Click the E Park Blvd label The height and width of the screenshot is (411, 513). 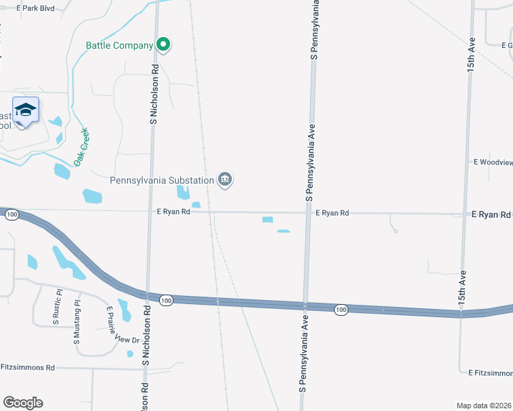38,8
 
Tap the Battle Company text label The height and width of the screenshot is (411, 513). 119,46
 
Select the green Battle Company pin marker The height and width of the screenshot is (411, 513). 163,45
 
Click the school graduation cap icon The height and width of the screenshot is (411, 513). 26,111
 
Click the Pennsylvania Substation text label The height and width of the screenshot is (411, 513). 162,180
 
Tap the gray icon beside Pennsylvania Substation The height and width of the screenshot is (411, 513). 225,180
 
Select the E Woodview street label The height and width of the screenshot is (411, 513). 492,162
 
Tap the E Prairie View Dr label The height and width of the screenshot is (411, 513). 122,325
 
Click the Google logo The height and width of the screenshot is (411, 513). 23,403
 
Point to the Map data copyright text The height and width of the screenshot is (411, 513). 484,406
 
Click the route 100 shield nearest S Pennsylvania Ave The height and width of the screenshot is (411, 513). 342,310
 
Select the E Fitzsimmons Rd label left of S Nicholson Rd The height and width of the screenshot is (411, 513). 27,368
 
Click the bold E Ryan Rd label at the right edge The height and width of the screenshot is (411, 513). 490,214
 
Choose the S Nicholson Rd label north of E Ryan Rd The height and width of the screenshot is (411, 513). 154,94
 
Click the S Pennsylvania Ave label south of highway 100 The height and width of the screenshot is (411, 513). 300,360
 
